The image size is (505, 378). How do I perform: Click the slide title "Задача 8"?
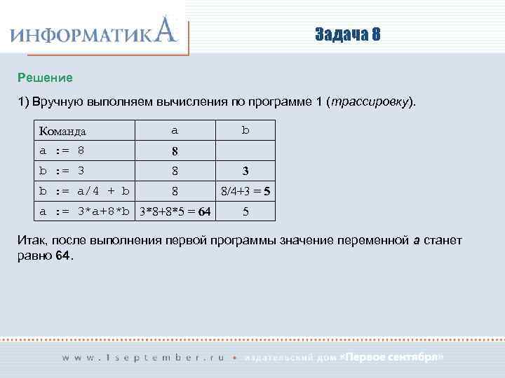tap(347, 34)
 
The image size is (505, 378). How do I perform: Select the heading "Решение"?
tap(46, 76)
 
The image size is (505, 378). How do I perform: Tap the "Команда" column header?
tap(63, 131)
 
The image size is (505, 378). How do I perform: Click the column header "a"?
tap(175, 130)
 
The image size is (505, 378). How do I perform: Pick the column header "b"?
tap(245, 130)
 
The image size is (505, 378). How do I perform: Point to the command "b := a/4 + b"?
tap(84, 190)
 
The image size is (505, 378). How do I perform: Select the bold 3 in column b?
tap(245, 170)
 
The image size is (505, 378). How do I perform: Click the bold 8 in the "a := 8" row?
tap(175, 150)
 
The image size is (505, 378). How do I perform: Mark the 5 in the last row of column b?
tap(245, 211)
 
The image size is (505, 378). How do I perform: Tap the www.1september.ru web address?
tap(143, 357)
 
